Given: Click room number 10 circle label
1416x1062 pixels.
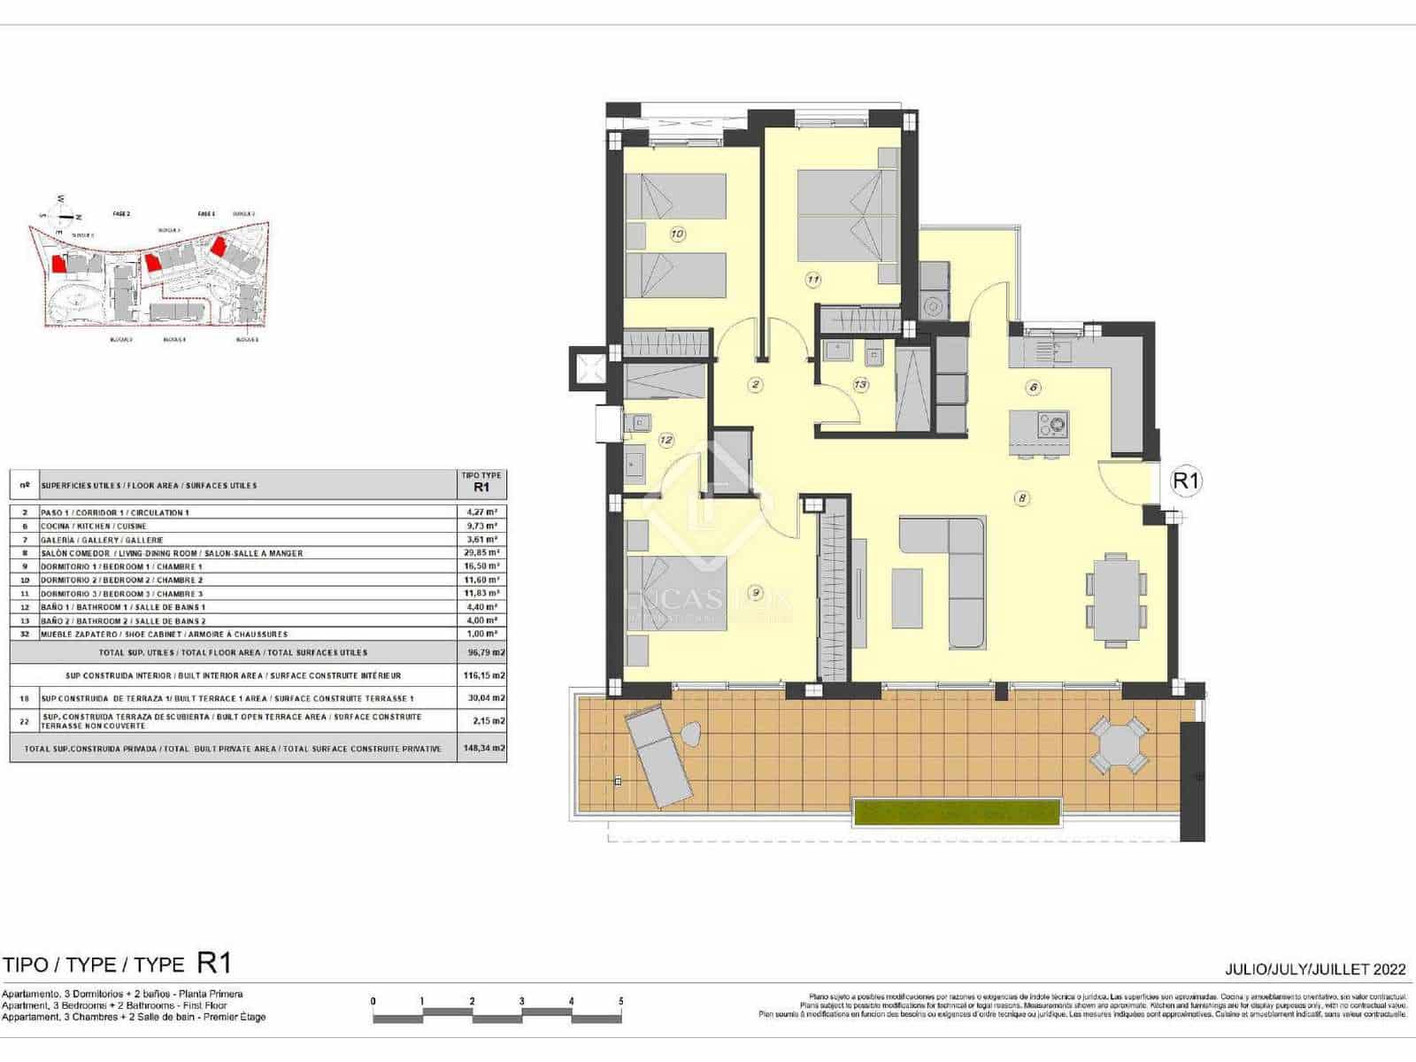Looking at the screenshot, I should pos(677,235).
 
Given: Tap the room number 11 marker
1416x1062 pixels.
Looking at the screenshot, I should pos(812,280).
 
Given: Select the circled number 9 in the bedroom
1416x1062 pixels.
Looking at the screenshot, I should pos(755,592).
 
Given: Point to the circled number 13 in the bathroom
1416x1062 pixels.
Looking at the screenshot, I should pos(860,384).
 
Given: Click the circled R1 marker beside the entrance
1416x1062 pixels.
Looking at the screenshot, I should pos(1185,481).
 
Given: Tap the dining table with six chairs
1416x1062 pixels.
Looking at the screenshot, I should pos(1116,597).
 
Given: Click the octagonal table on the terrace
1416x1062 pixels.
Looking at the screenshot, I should pos(1118,744).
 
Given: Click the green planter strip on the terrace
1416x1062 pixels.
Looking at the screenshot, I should pos(956,812).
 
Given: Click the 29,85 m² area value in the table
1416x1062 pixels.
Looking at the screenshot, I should pos(481,553).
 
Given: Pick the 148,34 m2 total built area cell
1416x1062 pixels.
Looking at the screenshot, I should pos(481,749).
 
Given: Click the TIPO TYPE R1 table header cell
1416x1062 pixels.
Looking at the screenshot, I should pos(481,482).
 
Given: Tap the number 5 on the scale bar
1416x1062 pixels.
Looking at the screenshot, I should pos(621,1002).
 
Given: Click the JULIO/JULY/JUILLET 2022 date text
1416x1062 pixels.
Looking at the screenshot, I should pos(1315,969).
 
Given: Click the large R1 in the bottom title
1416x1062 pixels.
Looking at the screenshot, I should pos(213,962).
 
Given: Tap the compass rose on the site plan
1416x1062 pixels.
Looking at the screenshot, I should pos(62,215).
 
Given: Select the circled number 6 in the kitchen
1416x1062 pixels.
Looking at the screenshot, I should pos(1034,387).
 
